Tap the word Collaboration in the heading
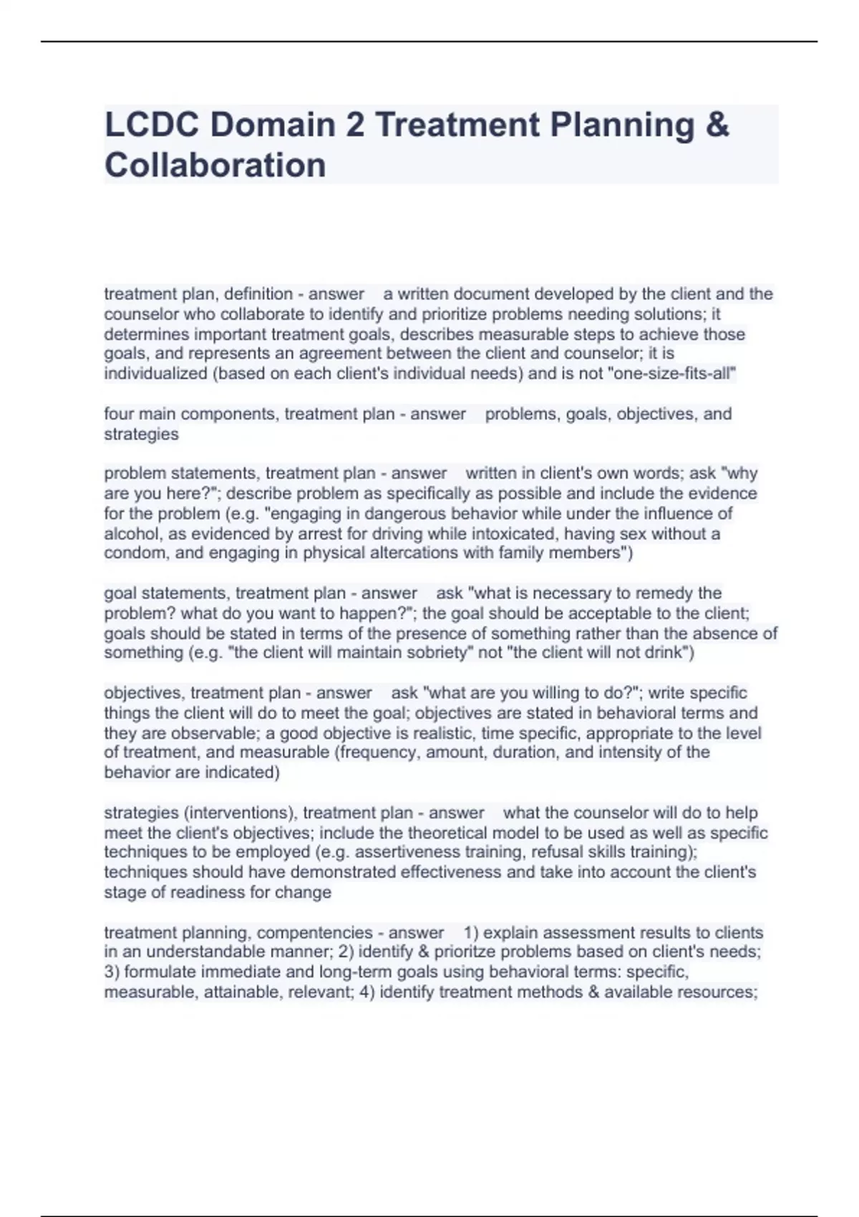click(215, 165)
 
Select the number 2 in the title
click(354, 125)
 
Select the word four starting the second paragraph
click(119, 414)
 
